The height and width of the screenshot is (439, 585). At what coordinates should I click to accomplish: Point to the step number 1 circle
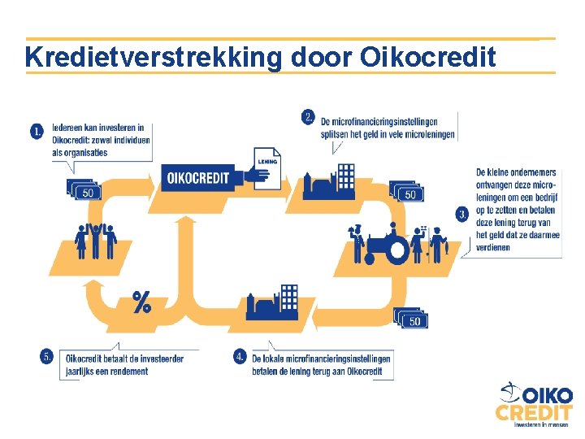click(x=38, y=131)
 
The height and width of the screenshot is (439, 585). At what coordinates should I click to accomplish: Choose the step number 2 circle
click(x=308, y=117)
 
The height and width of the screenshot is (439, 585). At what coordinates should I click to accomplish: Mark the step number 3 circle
click(x=462, y=215)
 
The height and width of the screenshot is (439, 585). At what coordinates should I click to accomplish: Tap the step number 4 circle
click(x=240, y=356)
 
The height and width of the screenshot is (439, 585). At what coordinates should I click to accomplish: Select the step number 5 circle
click(x=47, y=356)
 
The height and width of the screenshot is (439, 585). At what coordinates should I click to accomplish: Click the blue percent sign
click(x=141, y=303)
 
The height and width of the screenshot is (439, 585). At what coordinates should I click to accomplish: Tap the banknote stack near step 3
click(x=407, y=192)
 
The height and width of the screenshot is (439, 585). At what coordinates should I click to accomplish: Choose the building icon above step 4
click(x=273, y=302)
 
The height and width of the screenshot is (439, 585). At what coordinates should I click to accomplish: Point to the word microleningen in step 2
click(x=424, y=134)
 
